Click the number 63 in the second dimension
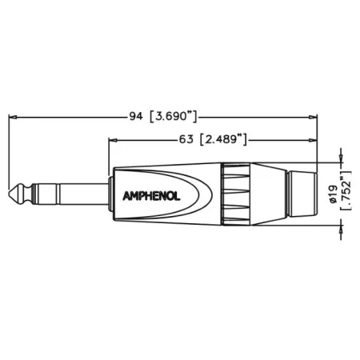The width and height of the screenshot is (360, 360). click(x=187, y=139)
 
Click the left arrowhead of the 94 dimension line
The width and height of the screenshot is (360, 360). click(x=11, y=118)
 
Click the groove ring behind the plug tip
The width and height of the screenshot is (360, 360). click(x=26, y=193)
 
